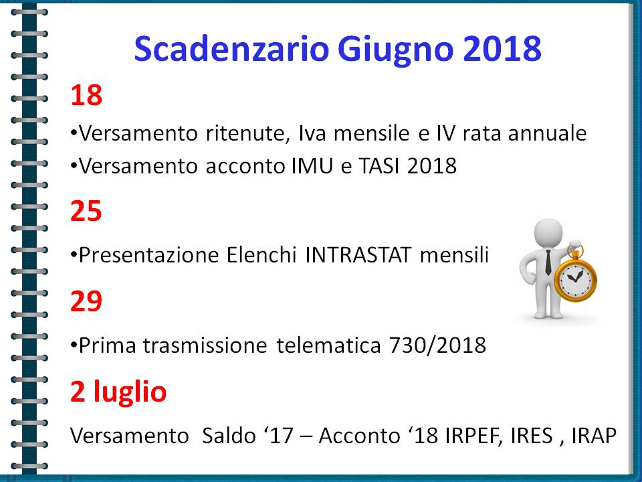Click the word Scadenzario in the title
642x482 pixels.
pyautogui.click(x=232, y=49)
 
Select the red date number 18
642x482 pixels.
pyautogui.click(x=86, y=96)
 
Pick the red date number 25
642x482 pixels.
pyautogui.click(x=86, y=212)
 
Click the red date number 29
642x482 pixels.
pyautogui.click(x=86, y=301)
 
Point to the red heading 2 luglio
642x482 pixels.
pyautogui.click(x=118, y=392)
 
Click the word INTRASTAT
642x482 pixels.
pyautogui.click(x=358, y=255)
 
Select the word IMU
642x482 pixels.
pyautogui.click(x=312, y=166)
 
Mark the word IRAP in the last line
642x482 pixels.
pyautogui.click(x=594, y=435)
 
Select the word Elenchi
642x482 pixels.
pyautogui.click(x=261, y=255)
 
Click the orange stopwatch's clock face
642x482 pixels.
pyautogui.click(x=575, y=280)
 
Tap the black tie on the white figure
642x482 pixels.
pyautogui.click(x=548, y=262)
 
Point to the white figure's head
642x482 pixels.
pyautogui.click(x=548, y=233)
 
